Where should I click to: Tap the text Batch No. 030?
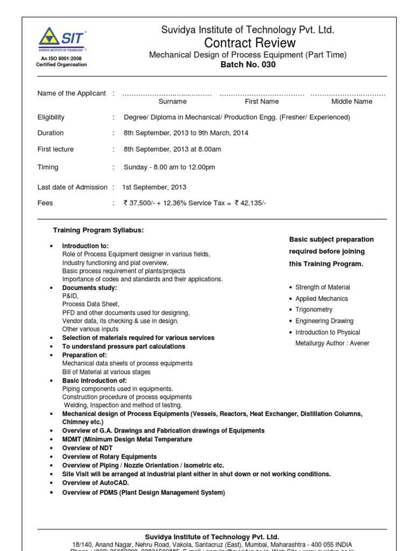(247, 65)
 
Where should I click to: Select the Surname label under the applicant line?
(173, 101)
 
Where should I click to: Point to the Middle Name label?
(352, 101)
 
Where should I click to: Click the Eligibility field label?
(51, 117)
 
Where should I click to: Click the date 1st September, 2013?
(154, 187)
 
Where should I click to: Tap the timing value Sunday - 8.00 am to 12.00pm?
(169, 167)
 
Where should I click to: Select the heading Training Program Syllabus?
(98, 230)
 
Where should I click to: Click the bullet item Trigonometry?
(314, 310)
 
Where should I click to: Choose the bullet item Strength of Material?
(323, 287)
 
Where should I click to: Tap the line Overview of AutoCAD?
(96, 483)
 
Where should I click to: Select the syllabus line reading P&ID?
(70, 296)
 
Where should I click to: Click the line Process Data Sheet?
(91, 304)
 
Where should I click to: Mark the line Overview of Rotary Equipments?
(110, 457)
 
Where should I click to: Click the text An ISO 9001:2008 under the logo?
(61, 58)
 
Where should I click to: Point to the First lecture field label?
(55, 150)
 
